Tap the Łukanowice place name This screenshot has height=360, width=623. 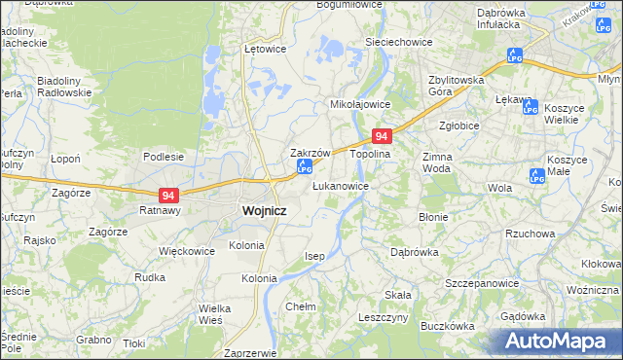pyautogui.click(x=340, y=185)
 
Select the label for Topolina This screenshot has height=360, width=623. pyautogui.click(x=370, y=154)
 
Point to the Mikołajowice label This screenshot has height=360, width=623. pyautogui.click(x=360, y=103)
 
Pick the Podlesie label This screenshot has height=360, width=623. pyautogui.click(x=164, y=156)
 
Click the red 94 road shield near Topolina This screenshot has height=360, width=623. pyautogui.click(x=383, y=138)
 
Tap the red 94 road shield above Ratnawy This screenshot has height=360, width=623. pyautogui.click(x=169, y=195)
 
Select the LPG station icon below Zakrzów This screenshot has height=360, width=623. pyautogui.click(x=304, y=170)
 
